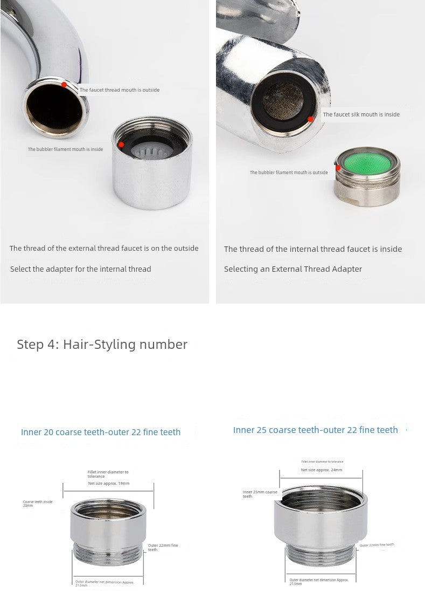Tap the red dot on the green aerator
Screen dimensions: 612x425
[338, 168]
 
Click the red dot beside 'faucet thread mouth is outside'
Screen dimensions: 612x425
[64, 84]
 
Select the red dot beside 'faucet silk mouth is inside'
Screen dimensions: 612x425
[311, 119]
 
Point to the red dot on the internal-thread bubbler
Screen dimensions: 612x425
[121, 145]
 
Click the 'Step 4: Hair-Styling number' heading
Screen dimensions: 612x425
[102, 345]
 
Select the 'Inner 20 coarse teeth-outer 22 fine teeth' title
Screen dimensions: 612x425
[101, 432]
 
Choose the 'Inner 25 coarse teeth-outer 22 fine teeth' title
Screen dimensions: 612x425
[315, 430]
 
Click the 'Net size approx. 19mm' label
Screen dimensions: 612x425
[109, 483]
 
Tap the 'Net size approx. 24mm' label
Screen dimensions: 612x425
[322, 470]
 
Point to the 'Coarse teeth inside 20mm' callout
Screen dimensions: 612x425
[38, 503]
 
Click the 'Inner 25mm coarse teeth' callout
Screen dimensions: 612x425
[260, 493]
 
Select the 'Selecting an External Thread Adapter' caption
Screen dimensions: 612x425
[293, 269]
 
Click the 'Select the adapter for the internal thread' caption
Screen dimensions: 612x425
[81, 269]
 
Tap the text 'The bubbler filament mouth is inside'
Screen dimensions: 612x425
[65, 149]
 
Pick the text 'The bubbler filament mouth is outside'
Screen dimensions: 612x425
[289, 173]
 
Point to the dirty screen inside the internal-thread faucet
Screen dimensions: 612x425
[283, 102]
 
